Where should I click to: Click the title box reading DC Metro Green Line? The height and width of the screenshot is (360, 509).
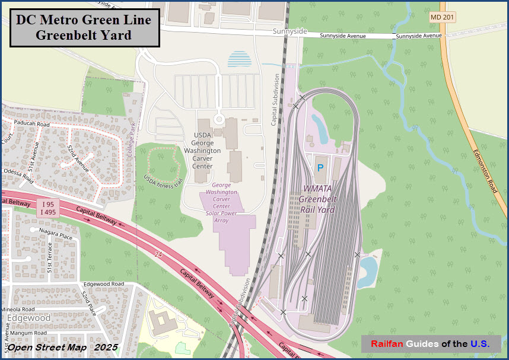(x=85, y=27)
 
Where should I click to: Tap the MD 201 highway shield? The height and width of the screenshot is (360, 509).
(x=443, y=18)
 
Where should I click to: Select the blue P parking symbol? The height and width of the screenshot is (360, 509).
(x=320, y=168)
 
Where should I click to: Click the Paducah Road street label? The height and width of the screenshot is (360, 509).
(x=33, y=125)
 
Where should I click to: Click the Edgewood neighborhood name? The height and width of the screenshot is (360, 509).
(x=29, y=318)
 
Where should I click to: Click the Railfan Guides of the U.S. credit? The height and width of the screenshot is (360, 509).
(x=431, y=344)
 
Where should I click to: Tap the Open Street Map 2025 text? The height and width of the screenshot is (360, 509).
(x=62, y=347)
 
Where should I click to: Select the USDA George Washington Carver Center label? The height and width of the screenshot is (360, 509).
(x=206, y=151)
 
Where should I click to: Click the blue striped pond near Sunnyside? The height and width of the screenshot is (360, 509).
(x=239, y=59)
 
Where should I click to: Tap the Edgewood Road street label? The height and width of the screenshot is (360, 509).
(x=104, y=284)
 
